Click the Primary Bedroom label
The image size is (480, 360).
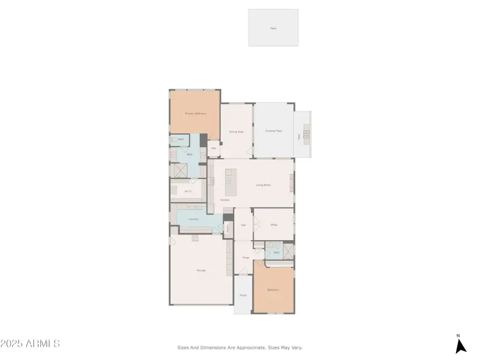click(x=195, y=114)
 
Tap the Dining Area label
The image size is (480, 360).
click(x=236, y=131)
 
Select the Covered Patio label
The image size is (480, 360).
click(x=274, y=131)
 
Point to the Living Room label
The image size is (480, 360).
click(x=263, y=185)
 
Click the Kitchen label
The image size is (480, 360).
click(x=225, y=200)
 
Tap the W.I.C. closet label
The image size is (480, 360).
click(x=188, y=191)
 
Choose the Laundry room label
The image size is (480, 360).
click(x=194, y=219)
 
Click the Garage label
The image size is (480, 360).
click(x=201, y=270)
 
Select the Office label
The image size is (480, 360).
click(x=274, y=225)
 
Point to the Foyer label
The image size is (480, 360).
click(x=246, y=258)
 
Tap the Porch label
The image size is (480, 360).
click(x=243, y=295)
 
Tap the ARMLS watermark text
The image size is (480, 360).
click(x=30, y=343)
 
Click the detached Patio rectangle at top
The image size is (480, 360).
click(x=273, y=28)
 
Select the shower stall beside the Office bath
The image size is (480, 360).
click(x=288, y=251)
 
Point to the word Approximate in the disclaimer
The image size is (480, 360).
click(x=249, y=347)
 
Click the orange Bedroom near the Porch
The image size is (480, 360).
click(x=273, y=290)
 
